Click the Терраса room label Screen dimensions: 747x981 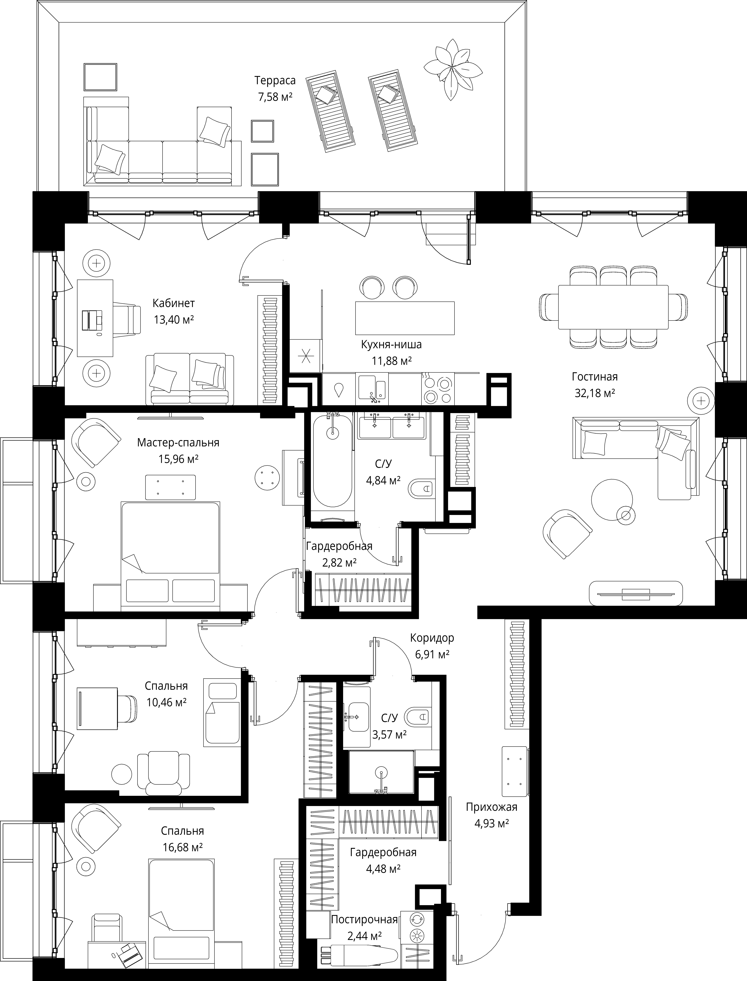[275, 80]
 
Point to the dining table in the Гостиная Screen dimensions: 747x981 [613, 307]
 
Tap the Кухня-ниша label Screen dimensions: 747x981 [391, 344]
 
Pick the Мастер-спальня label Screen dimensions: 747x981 [178, 442]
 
